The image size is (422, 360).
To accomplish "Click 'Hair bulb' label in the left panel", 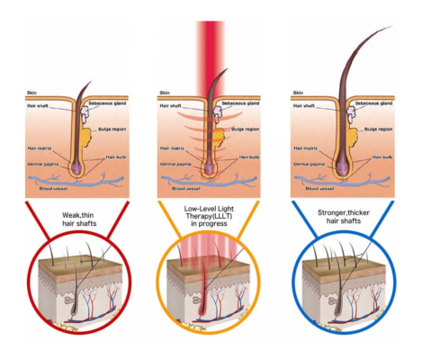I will point(107,156).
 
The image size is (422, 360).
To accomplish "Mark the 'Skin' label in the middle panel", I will point(163,92).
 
